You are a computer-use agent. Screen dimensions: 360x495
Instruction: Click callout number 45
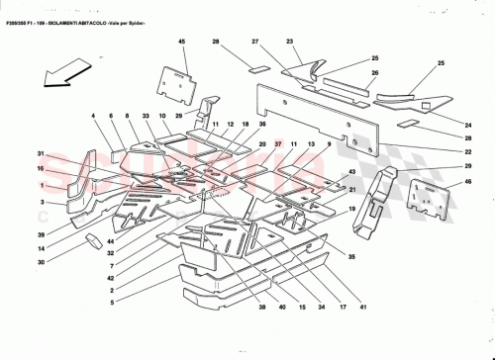(182, 41)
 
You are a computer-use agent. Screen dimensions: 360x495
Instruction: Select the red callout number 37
(278, 145)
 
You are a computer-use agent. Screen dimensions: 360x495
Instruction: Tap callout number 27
(254, 41)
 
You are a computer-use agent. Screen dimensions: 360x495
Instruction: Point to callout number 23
(291, 41)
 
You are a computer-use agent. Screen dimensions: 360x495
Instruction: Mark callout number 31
(43, 153)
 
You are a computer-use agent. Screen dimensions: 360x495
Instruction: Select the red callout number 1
(43, 185)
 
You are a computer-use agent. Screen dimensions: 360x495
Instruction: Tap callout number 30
(43, 261)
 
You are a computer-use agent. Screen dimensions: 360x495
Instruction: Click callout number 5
(112, 302)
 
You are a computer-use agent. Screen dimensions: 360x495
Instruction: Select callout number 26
(375, 73)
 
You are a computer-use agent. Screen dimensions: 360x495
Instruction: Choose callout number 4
(95, 118)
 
